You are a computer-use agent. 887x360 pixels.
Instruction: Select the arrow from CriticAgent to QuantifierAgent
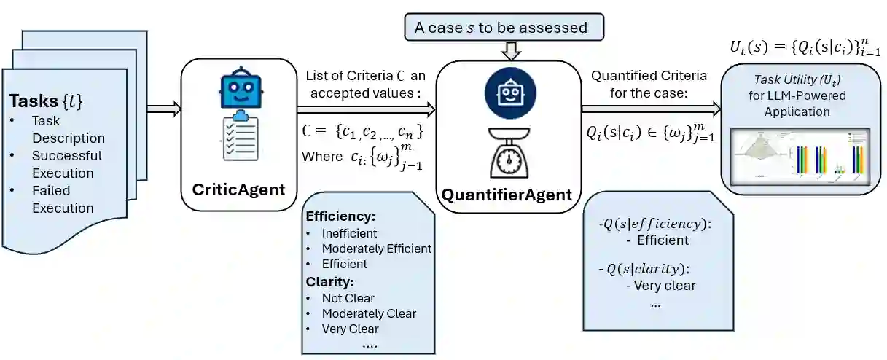pyautogui.click(x=364, y=109)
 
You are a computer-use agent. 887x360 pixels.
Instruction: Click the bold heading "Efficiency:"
pyautogui.click(x=340, y=216)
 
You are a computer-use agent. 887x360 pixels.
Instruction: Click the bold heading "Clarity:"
pyautogui.click(x=329, y=281)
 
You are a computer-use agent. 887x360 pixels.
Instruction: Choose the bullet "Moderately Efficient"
pyautogui.click(x=376, y=249)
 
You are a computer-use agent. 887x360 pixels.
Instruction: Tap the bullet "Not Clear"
pyautogui.click(x=348, y=298)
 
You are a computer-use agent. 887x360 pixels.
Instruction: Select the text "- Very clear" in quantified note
pyautogui.click(x=660, y=286)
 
